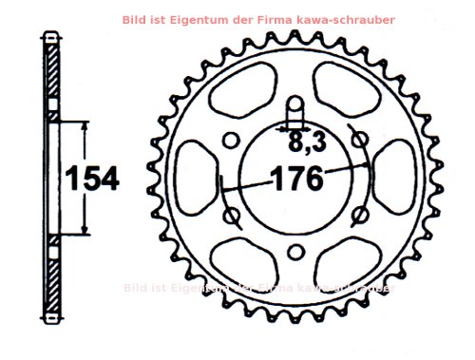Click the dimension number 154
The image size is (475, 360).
pos(92,179)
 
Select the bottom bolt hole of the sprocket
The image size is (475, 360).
pos(294,250)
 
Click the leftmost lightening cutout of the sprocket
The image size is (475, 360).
pos(195,178)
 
